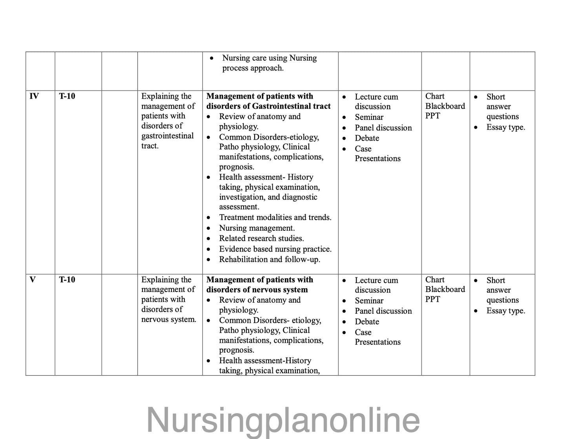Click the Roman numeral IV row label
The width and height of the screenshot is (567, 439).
click(34, 96)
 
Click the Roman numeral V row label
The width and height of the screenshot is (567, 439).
click(33, 280)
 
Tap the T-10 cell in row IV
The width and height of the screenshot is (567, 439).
click(67, 96)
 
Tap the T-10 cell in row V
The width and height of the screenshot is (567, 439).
click(67, 280)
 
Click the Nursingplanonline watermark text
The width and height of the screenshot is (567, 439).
click(283, 420)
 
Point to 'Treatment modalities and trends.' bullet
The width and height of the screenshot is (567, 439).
click(275, 217)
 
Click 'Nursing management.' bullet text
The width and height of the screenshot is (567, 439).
click(257, 228)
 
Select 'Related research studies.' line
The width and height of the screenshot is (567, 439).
click(261, 238)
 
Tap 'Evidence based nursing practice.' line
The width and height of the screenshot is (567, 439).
click(275, 249)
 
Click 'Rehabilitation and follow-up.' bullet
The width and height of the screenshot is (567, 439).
click(270, 259)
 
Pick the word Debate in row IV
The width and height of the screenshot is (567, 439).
click(367, 138)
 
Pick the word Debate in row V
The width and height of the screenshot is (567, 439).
click(367, 322)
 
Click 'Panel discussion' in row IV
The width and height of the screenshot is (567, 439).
click(383, 128)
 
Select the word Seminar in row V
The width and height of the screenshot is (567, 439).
click(369, 301)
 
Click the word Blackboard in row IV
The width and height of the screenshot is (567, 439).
click(445, 106)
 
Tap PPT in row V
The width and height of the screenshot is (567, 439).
click(432, 299)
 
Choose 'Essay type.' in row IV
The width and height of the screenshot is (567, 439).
click(505, 127)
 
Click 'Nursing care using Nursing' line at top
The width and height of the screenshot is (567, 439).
click(269, 58)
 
